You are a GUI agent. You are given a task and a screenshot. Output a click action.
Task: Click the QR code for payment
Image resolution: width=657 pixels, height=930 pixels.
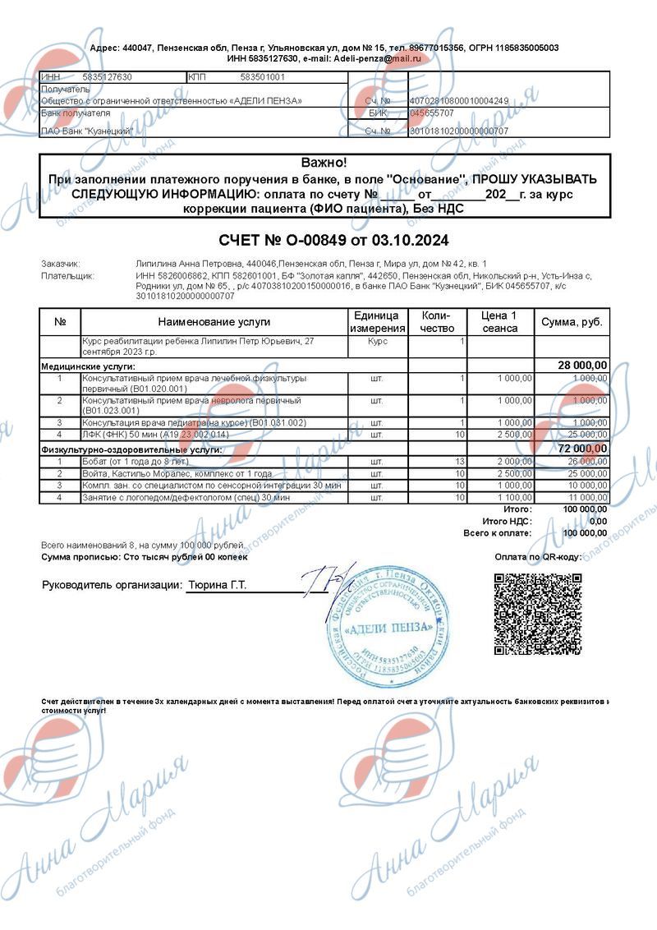click(x=538, y=613)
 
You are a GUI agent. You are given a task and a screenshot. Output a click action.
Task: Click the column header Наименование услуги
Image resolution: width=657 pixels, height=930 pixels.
click(x=214, y=322)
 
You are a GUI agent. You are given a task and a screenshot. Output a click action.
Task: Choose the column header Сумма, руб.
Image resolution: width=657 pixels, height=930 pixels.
click(x=572, y=322)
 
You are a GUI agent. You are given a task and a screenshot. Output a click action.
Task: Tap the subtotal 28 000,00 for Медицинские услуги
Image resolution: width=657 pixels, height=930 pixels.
click(x=582, y=366)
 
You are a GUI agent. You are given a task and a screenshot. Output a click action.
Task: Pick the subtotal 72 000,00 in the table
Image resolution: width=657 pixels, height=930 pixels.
click(x=582, y=449)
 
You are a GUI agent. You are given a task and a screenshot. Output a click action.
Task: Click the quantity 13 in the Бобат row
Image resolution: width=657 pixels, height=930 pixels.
click(x=460, y=463)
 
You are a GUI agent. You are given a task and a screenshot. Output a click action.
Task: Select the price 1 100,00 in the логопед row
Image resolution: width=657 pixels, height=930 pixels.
click(x=515, y=498)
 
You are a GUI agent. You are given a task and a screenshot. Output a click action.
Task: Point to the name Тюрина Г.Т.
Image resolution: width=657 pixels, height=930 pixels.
click(x=218, y=586)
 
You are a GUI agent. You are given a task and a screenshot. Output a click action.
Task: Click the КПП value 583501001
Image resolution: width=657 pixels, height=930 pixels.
click(x=262, y=77)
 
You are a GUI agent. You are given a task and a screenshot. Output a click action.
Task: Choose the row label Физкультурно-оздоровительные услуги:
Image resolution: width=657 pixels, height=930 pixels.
click(x=131, y=449)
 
